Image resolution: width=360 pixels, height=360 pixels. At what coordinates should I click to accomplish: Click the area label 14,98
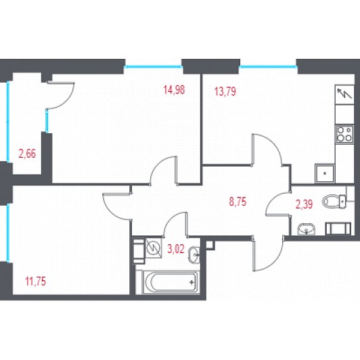point(174,90)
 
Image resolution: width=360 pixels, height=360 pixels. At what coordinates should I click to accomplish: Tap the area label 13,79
point(225,91)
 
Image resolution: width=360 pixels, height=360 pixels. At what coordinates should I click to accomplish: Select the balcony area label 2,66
point(27,154)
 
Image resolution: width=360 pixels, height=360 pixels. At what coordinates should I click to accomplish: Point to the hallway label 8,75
point(238,202)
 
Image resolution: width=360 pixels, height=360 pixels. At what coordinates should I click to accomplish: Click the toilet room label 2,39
point(304,204)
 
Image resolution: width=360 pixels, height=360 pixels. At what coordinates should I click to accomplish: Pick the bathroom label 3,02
point(176,249)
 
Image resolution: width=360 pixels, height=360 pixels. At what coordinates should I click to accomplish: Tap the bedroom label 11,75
point(36,282)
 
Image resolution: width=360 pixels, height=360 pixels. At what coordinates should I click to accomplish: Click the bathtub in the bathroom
point(170,282)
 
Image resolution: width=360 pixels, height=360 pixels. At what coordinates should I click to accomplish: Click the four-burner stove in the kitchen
point(344,134)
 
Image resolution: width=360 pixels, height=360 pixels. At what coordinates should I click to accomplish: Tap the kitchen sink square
point(325,173)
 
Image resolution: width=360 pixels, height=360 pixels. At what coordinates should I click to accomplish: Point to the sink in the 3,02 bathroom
point(194,255)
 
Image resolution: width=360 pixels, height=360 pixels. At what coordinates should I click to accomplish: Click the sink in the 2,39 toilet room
point(307,229)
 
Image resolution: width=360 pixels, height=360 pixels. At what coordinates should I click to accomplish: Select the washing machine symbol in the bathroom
point(154,248)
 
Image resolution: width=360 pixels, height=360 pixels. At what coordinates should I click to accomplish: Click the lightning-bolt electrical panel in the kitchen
point(344,95)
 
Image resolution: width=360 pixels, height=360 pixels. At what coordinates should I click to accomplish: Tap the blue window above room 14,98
point(154,67)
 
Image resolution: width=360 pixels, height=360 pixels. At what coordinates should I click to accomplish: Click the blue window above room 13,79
point(268,67)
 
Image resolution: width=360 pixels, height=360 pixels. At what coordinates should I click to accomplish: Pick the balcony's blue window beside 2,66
point(8,121)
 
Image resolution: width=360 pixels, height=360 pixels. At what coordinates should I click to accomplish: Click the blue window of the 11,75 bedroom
point(8,233)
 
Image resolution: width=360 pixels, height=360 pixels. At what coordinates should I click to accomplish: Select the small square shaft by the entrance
point(210,244)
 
